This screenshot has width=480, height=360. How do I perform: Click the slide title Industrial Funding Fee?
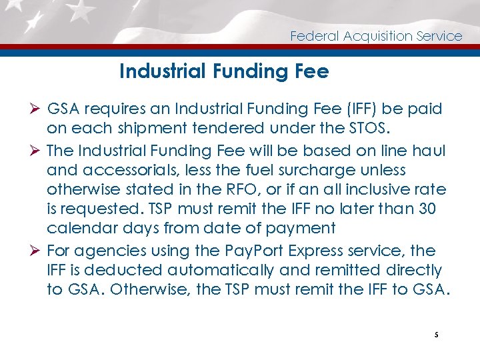[224, 71]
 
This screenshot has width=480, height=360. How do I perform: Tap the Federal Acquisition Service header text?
[376, 36]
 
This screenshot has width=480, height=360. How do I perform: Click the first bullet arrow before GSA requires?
[35, 109]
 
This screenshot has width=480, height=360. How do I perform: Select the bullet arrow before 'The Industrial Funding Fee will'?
[35, 151]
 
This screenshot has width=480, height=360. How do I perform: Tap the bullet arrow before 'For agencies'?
[35, 251]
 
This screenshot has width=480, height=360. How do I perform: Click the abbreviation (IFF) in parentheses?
[362, 109]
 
